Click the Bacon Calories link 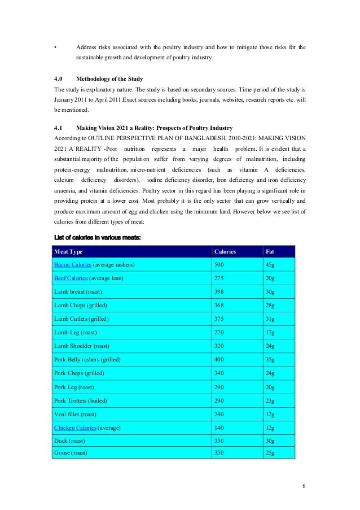click(x=72, y=264)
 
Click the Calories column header click(x=225, y=251)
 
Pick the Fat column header click(x=270, y=251)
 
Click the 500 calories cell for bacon click(x=219, y=264)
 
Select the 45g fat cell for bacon click(x=271, y=264)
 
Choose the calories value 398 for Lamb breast click(x=219, y=292)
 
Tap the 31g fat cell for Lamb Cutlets click(x=270, y=319)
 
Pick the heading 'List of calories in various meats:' click(x=96, y=237)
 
